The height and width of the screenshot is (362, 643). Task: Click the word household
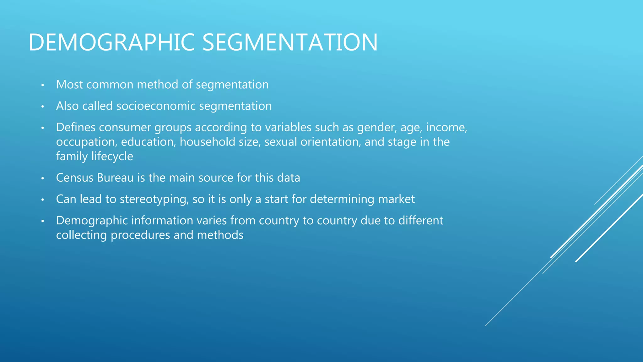pyautogui.click(x=207, y=142)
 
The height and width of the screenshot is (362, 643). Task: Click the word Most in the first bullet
pyautogui.click(x=69, y=85)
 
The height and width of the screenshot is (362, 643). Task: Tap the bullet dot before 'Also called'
pyautogui.click(x=43, y=107)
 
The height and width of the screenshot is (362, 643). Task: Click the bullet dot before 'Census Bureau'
pyautogui.click(x=43, y=178)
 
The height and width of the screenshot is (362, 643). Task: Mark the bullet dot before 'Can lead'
pyautogui.click(x=43, y=200)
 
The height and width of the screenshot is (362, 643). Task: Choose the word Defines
pyautogui.click(x=76, y=128)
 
